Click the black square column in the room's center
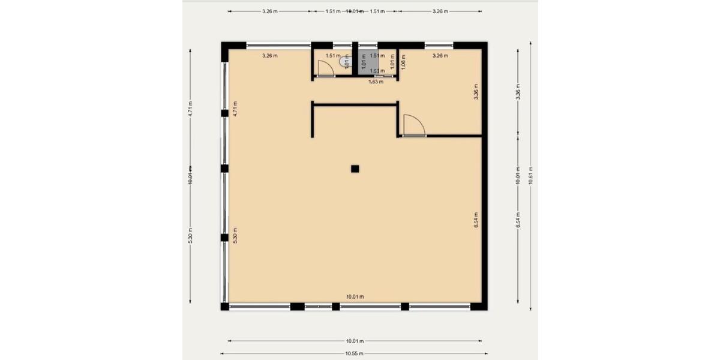tap(355, 169)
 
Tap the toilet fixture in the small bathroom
tap(343, 61)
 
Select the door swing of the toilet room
tap(325, 68)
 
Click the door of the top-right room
tap(413, 126)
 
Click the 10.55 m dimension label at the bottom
tap(355, 354)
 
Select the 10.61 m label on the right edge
tap(530, 176)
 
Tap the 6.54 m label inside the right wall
tap(476, 220)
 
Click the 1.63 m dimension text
tap(376, 82)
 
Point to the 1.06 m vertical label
tap(403, 62)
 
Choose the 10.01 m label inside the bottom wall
tap(355, 297)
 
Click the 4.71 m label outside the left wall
tap(190, 108)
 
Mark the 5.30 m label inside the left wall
tap(235, 235)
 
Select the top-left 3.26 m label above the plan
tap(270, 11)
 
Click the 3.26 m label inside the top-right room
tap(440, 56)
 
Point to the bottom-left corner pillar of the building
tap(225, 307)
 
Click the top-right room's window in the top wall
tap(439, 44)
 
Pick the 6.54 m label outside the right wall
tap(518, 220)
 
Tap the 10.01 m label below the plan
tap(355, 341)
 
